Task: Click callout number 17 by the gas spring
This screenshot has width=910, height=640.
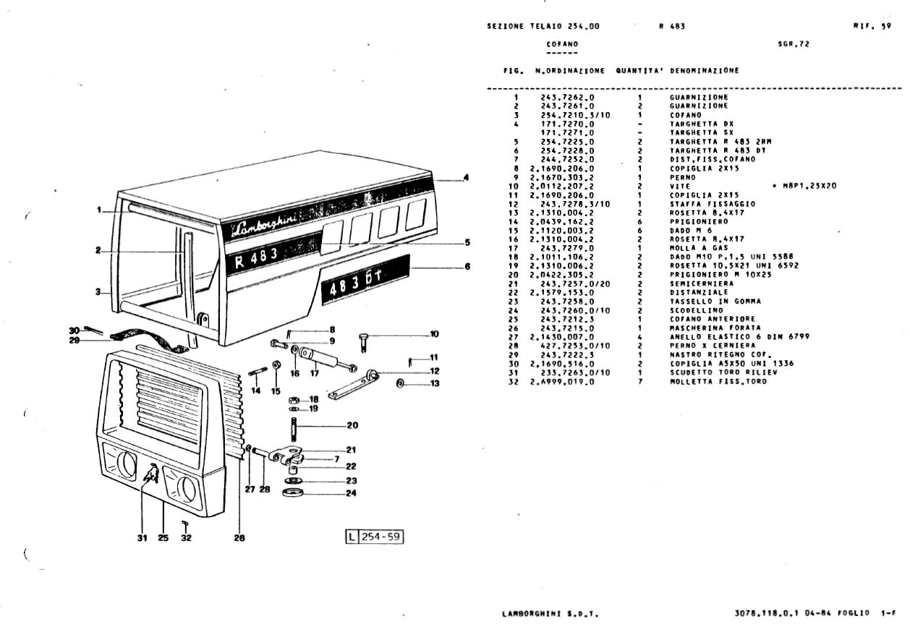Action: (315, 373)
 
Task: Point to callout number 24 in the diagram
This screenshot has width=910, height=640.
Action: (352, 494)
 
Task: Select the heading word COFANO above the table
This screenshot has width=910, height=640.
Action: (562, 44)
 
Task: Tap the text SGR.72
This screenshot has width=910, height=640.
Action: (794, 44)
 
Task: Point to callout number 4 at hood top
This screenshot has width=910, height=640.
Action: (466, 177)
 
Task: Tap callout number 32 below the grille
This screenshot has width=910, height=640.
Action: (186, 537)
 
